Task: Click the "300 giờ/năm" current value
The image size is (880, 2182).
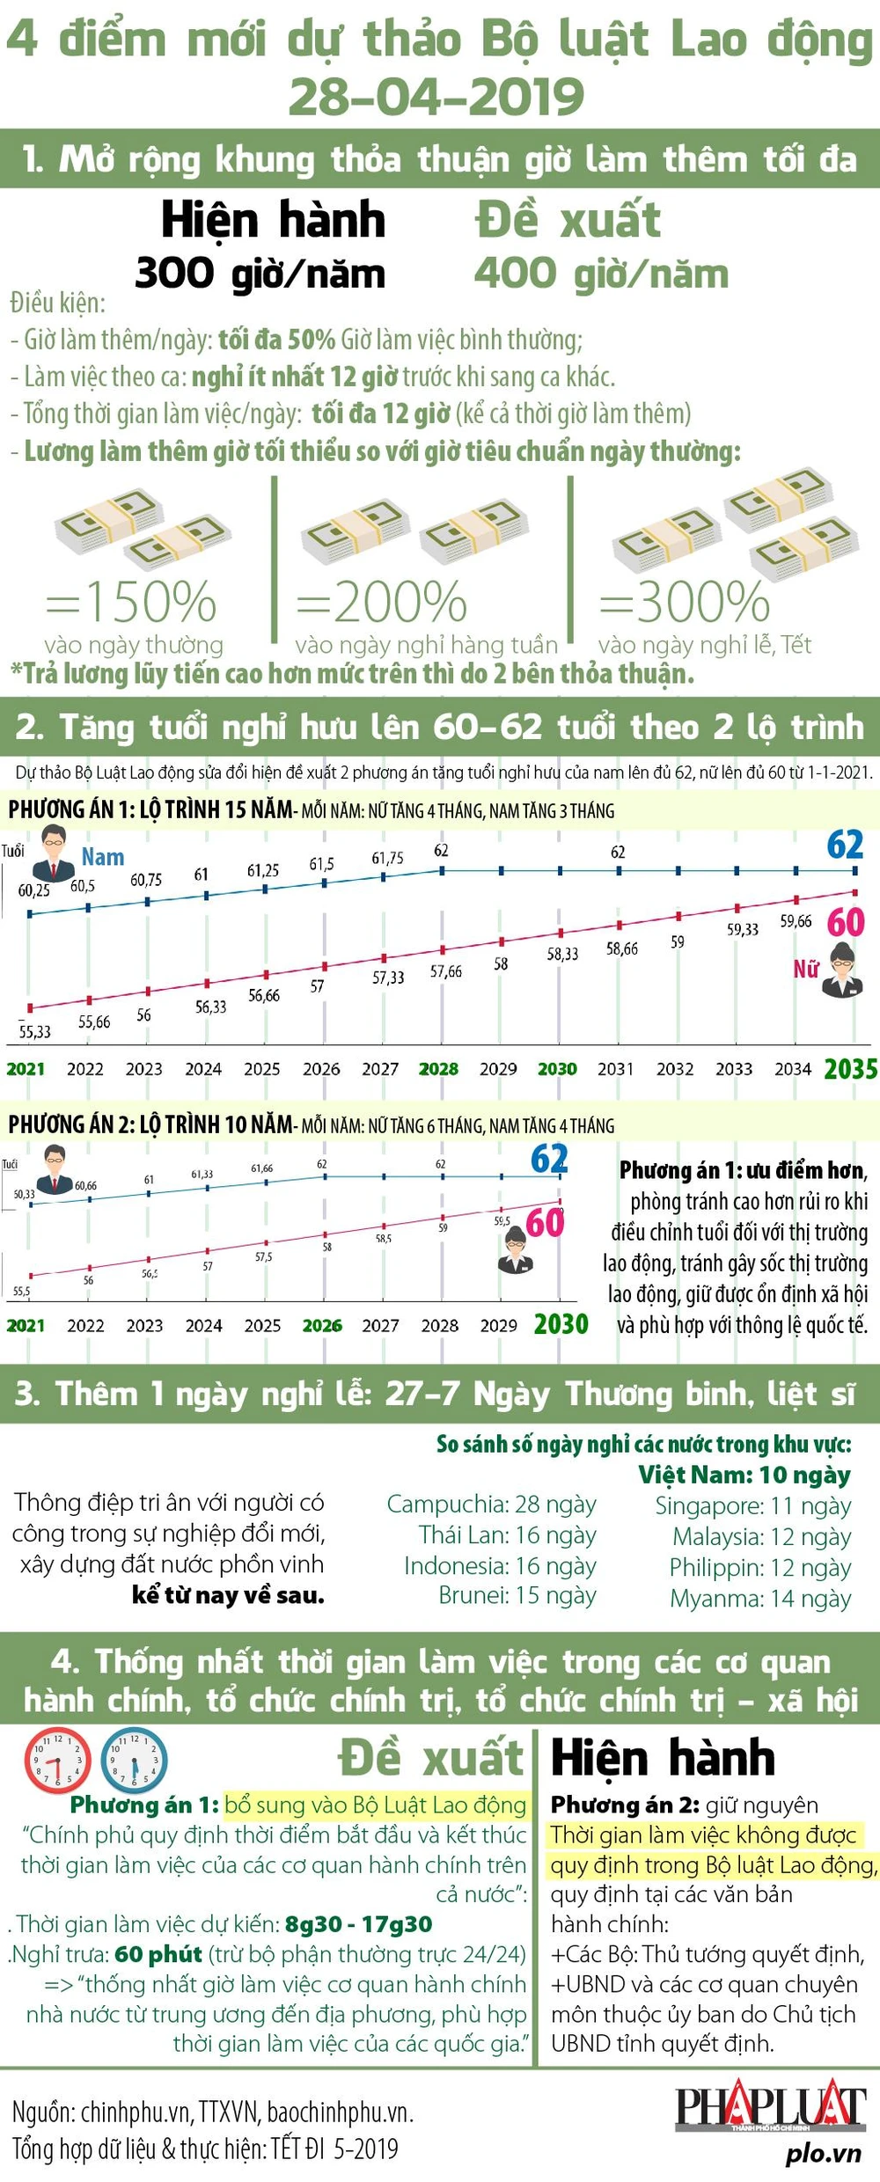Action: pos(260,274)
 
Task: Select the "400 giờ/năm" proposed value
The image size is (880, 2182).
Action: pos(601,274)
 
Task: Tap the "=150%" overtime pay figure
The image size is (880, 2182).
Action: pos(131,602)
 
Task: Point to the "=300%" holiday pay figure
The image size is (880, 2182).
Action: pos(685,602)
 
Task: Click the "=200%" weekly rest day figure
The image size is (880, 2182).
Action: pos(381,602)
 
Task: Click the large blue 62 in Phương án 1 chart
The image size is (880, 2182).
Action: pos(845,845)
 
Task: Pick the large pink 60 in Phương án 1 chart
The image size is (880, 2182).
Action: pos(846,922)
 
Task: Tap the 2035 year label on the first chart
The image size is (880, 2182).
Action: pos(850,1069)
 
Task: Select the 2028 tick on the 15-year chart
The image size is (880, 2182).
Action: pos(438,1069)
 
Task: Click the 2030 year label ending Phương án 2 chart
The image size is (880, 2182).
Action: pos(561,1324)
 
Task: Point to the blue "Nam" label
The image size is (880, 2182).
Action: pos(103,857)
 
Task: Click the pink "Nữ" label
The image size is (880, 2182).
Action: pos(805,969)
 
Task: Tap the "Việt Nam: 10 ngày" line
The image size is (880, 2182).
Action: pos(744,1475)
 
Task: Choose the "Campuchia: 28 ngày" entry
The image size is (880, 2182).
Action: pos(491,1504)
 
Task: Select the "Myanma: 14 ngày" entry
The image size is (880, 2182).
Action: pos(760,1598)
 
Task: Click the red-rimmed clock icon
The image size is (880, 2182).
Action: pos(57,1761)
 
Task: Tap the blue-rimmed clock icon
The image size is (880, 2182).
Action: pos(134,1761)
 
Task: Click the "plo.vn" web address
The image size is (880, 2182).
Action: pos(823,2153)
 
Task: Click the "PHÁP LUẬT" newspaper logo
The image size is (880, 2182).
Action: pos(770,2108)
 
